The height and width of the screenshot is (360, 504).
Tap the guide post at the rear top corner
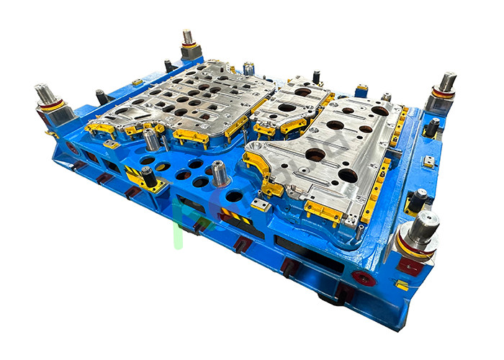189,38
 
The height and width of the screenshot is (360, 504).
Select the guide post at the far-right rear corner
446,83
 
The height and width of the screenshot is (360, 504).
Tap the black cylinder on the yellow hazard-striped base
148,175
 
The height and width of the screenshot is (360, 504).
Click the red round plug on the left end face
72,147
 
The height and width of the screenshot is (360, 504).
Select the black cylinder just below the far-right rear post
432,127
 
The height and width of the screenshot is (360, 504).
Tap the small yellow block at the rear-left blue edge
137,83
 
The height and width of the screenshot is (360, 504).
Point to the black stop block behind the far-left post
101,96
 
